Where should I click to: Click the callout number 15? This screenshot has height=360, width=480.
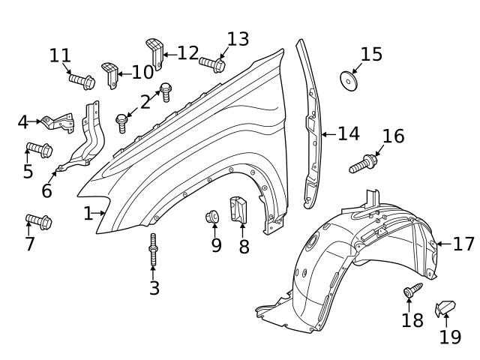[371, 54]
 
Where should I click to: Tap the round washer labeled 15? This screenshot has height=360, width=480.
[349, 78]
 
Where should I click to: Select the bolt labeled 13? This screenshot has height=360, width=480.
[212, 65]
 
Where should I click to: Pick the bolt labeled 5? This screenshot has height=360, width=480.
[39, 149]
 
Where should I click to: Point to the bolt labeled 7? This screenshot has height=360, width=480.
[38, 221]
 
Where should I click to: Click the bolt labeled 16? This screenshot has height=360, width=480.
[362, 163]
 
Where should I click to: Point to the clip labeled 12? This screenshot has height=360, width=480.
[154, 49]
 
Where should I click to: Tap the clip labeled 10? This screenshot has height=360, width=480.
[111, 74]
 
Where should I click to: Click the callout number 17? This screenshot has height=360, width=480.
[464, 243]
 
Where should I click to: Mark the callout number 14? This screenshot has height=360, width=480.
[348, 133]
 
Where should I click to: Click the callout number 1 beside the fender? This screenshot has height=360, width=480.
[88, 214]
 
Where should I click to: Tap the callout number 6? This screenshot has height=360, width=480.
[46, 190]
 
